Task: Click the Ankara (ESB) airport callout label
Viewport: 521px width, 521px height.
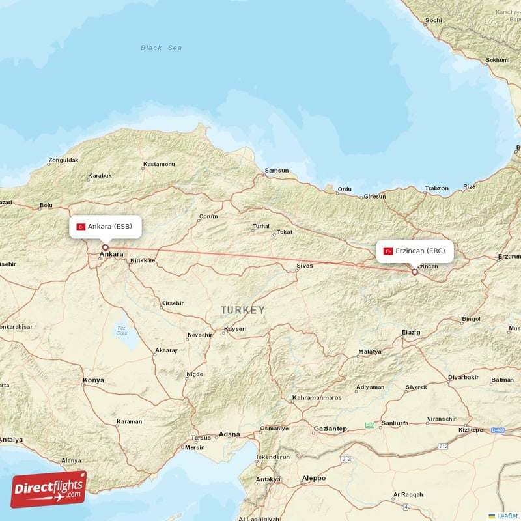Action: tap(105, 227)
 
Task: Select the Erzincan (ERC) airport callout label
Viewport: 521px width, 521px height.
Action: tap(415, 251)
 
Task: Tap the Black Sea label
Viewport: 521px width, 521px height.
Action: tap(161, 48)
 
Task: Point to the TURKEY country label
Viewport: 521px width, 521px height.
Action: tap(242, 310)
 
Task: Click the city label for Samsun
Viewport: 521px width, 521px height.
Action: tap(276, 171)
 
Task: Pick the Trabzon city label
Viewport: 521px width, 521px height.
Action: tap(436, 188)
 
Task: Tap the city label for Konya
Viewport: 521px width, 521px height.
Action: tap(93, 380)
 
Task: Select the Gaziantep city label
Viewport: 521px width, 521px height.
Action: tap(330, 429)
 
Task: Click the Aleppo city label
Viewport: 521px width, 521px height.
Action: tap(313, 478)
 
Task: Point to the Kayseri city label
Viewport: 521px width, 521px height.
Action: tap(235, 329)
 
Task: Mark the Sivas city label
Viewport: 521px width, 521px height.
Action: tap(304, 266)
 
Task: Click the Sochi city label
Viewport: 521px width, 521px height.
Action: tap(433, 20)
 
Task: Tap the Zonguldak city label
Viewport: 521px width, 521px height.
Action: tap(63, 160)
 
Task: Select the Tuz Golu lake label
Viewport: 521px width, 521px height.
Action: tap(121, 330)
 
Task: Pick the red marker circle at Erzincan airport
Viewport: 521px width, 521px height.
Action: tap(414, 272)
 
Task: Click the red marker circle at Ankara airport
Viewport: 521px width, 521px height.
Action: tap(105, 247)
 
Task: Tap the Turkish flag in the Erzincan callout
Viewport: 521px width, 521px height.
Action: tap(388, 251)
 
